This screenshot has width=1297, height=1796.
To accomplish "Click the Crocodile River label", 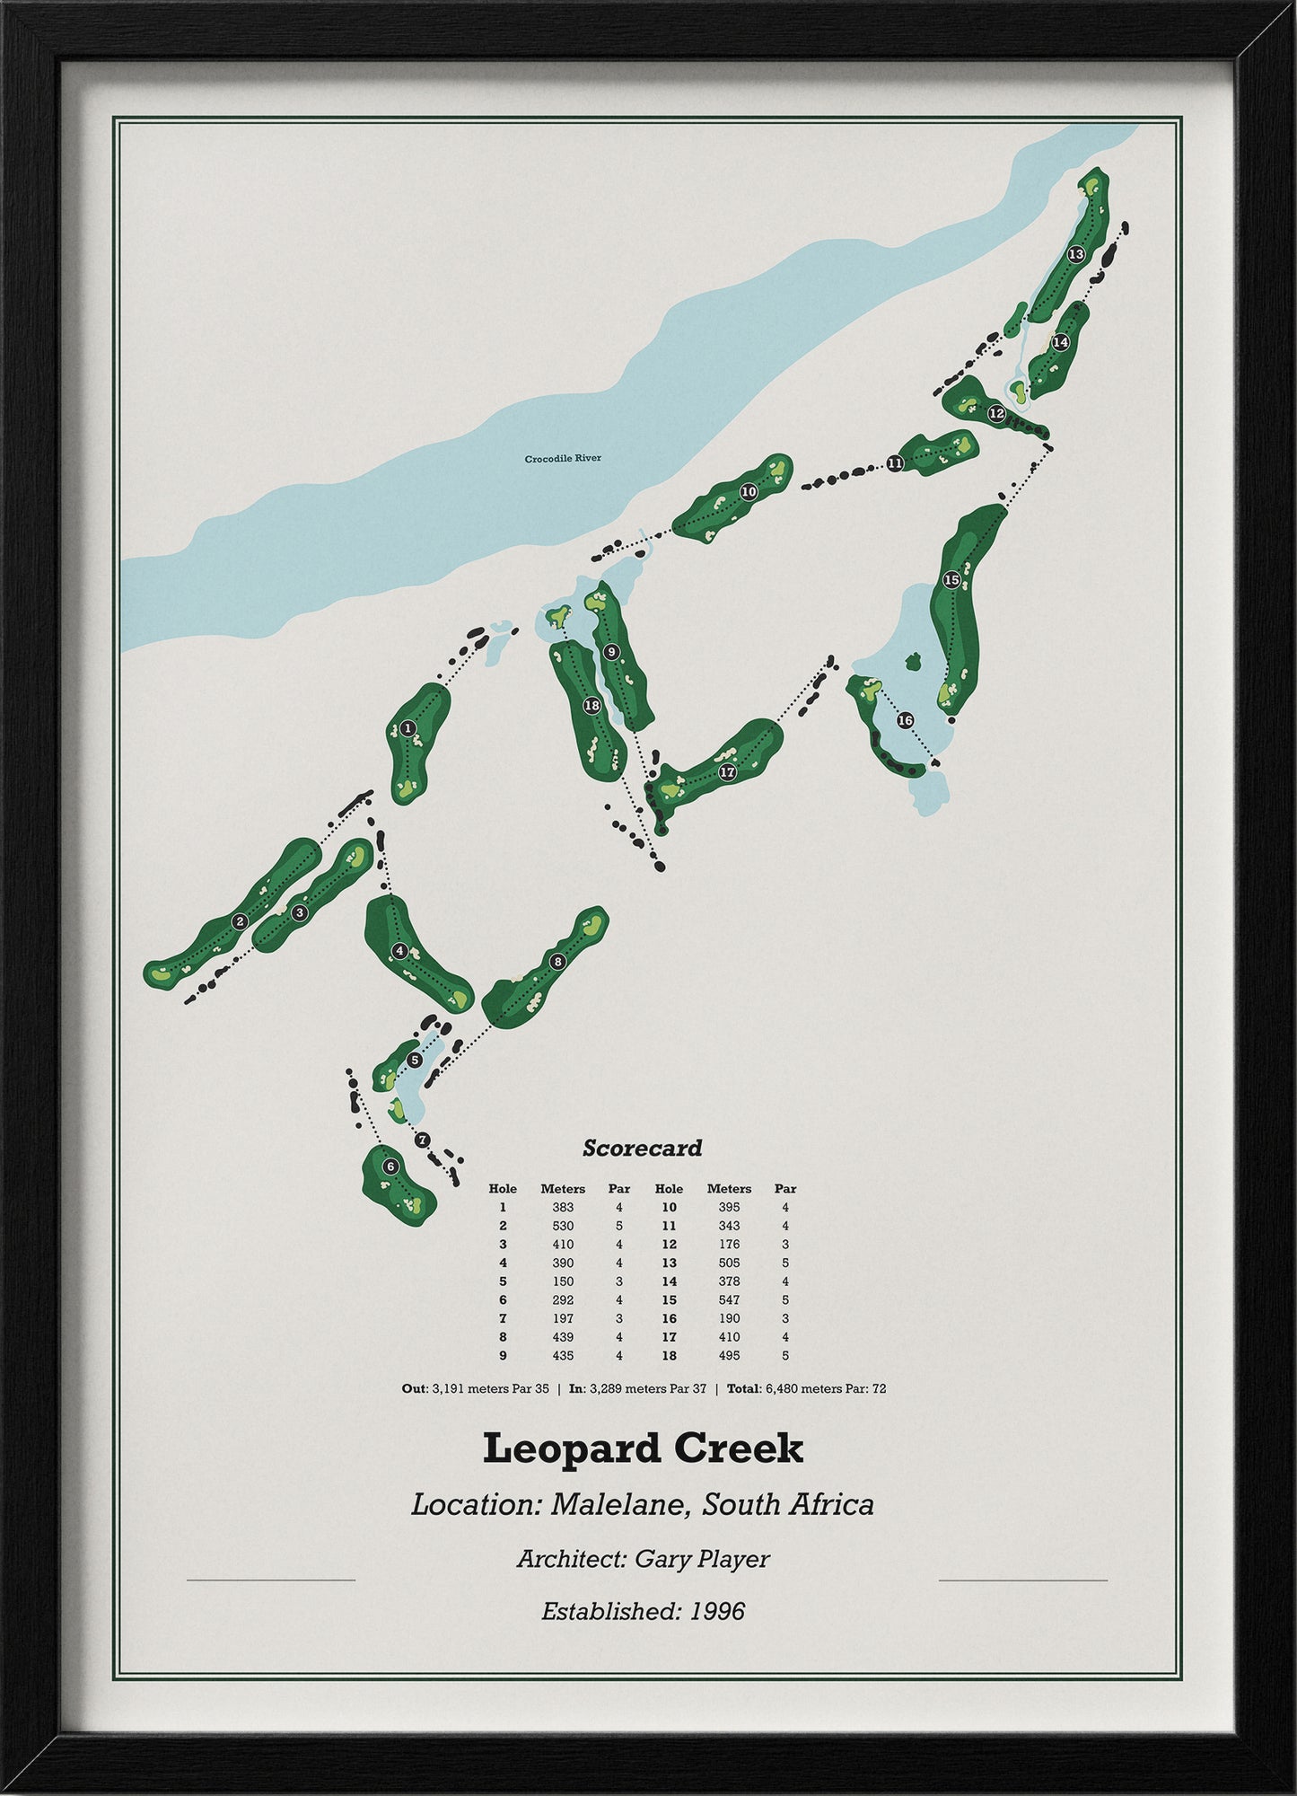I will [563, 458].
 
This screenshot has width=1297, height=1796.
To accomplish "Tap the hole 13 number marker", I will [1076, 254].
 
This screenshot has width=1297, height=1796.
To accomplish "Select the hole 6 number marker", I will [390, 1167].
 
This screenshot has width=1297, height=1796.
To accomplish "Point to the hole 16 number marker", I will [905, 720].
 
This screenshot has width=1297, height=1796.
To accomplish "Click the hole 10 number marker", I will [749, 492].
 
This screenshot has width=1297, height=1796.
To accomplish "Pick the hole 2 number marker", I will [239, 921].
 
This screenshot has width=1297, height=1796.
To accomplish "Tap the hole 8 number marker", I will [557, 962].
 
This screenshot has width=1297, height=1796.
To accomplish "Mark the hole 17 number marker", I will [727, 771].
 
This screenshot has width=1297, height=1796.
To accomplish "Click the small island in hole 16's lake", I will [914, 662].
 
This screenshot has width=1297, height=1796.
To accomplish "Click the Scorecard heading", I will [642, 1148].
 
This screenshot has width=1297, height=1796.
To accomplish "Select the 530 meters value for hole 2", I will [563, 1226].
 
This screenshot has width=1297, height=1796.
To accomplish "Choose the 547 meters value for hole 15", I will [729, 1299].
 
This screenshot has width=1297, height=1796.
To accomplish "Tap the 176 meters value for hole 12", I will [729, 1245].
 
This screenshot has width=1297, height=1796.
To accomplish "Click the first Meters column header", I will [563, 1189].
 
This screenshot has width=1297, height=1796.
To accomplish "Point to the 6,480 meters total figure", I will [786, 1388].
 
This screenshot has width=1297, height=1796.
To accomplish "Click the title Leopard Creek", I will [643, 1448].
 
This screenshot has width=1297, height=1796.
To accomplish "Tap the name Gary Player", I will [702, 1558].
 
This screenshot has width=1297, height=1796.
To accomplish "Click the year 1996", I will [717, 1611].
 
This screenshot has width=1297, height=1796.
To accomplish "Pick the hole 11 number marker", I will [895, 463].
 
